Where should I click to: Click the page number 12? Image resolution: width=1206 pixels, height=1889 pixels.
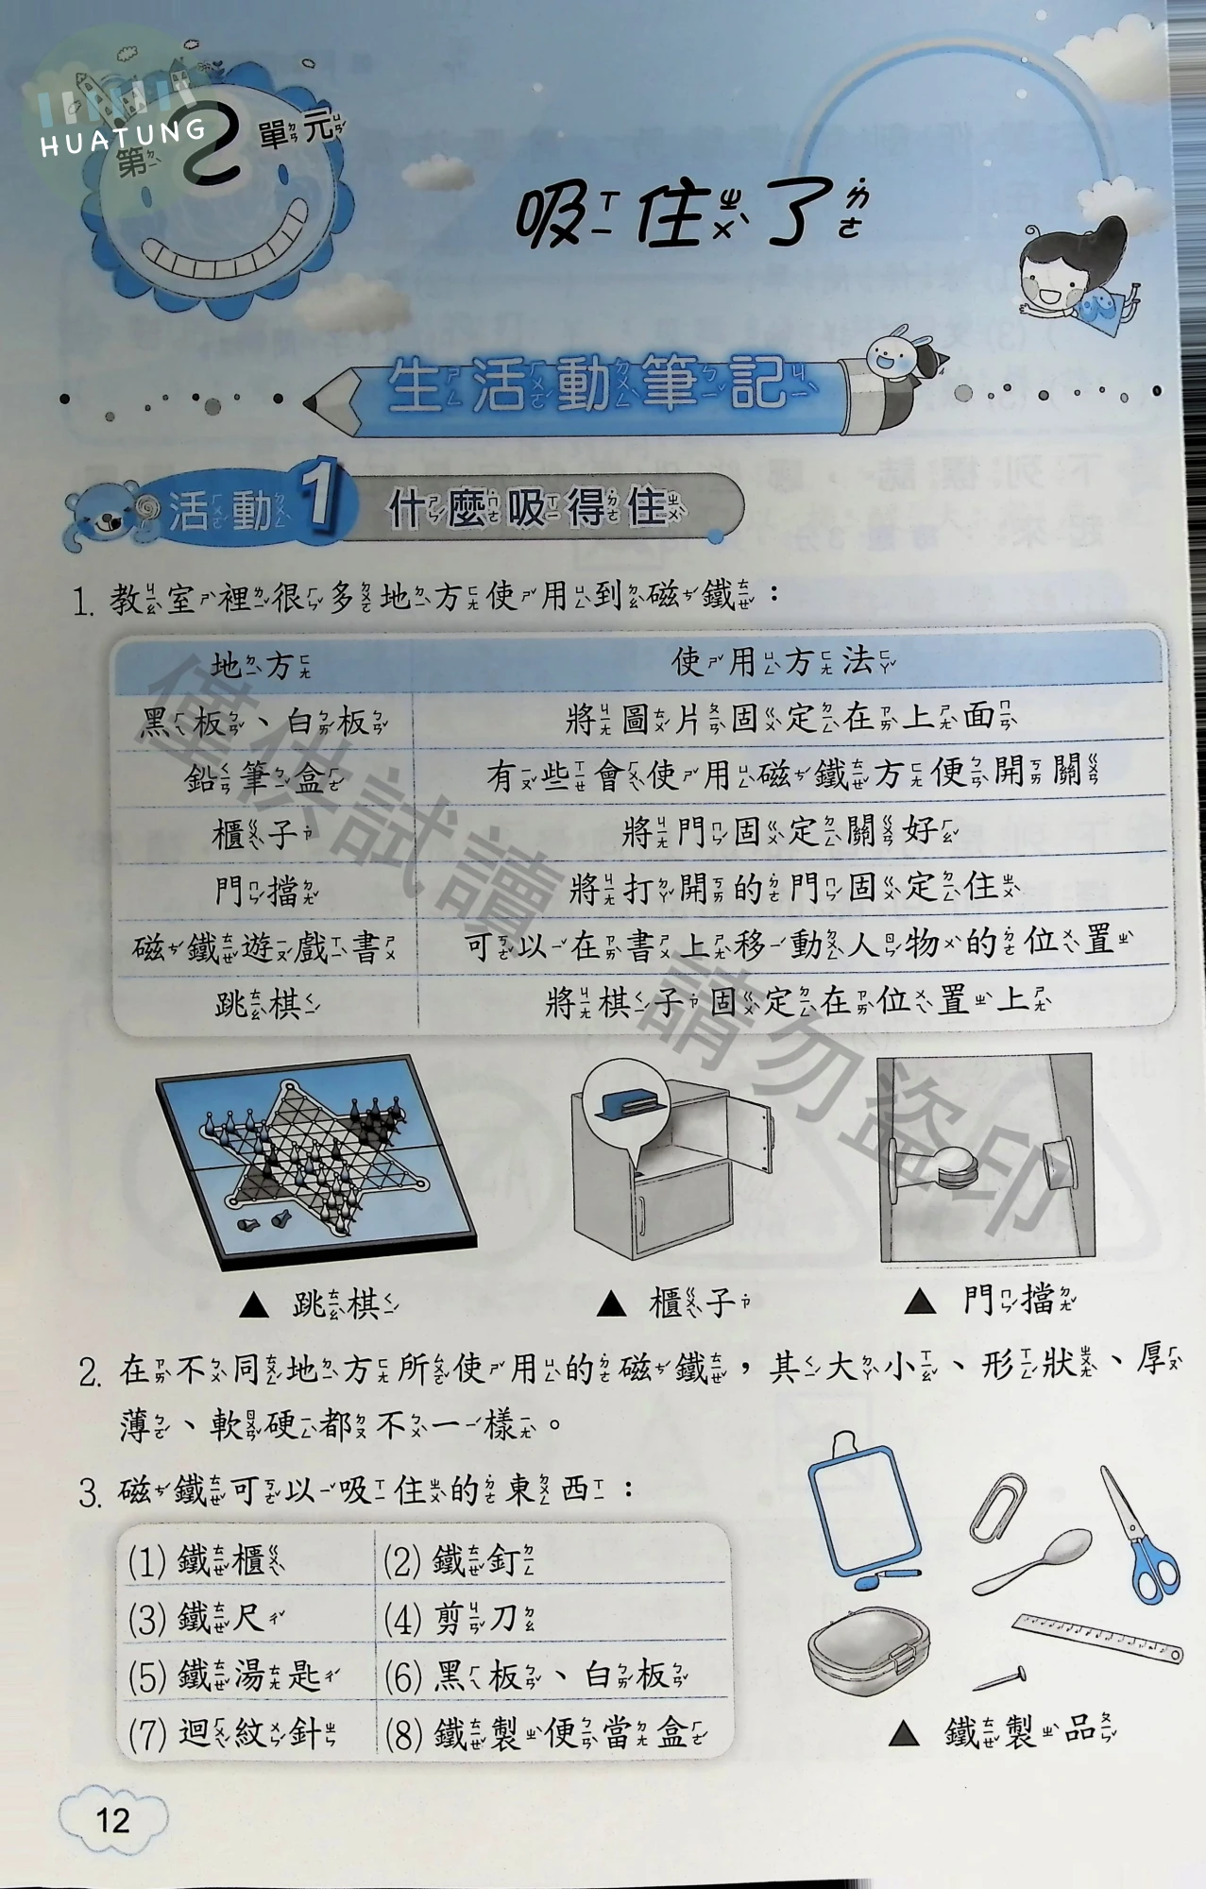click(x=112, y=1819)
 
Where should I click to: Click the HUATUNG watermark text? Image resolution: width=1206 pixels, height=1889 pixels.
click(x=123, y=136)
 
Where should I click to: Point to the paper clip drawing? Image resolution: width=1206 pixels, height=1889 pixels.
click(x=997, y=1506)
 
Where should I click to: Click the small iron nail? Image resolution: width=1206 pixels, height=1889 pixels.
click(x=1000, y=1677)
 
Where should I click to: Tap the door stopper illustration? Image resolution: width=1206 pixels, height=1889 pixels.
click(x=986, y=1158)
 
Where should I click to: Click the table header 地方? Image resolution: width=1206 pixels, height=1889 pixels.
click(x=261, y=666)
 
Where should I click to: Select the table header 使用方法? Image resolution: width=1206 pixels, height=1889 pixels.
click(x=784, y=662)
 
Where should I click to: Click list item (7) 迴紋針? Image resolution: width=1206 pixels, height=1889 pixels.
click(x=232, y=1733)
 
